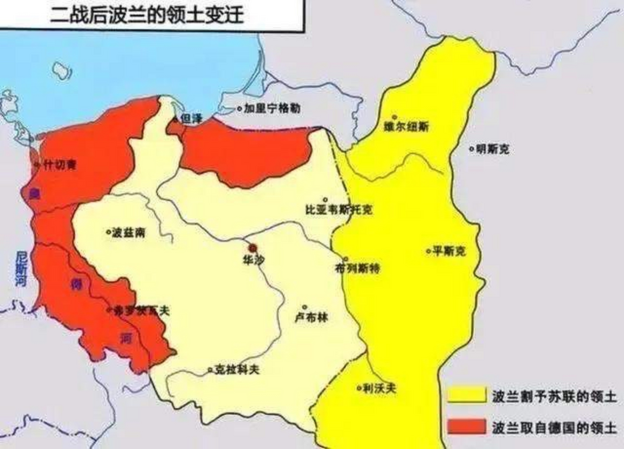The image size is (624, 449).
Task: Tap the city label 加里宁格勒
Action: (272, 108)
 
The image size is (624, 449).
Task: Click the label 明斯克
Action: (492, 150)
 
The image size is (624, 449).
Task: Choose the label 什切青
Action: (60, 165)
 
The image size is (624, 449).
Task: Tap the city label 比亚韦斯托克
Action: (339, 210)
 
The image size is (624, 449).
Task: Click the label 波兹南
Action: (128, 233)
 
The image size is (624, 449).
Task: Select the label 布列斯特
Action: (357, 269)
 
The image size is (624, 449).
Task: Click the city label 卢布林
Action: (311, 317)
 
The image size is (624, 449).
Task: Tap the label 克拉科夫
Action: (237, 369)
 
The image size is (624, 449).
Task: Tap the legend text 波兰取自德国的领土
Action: (554, 428)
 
